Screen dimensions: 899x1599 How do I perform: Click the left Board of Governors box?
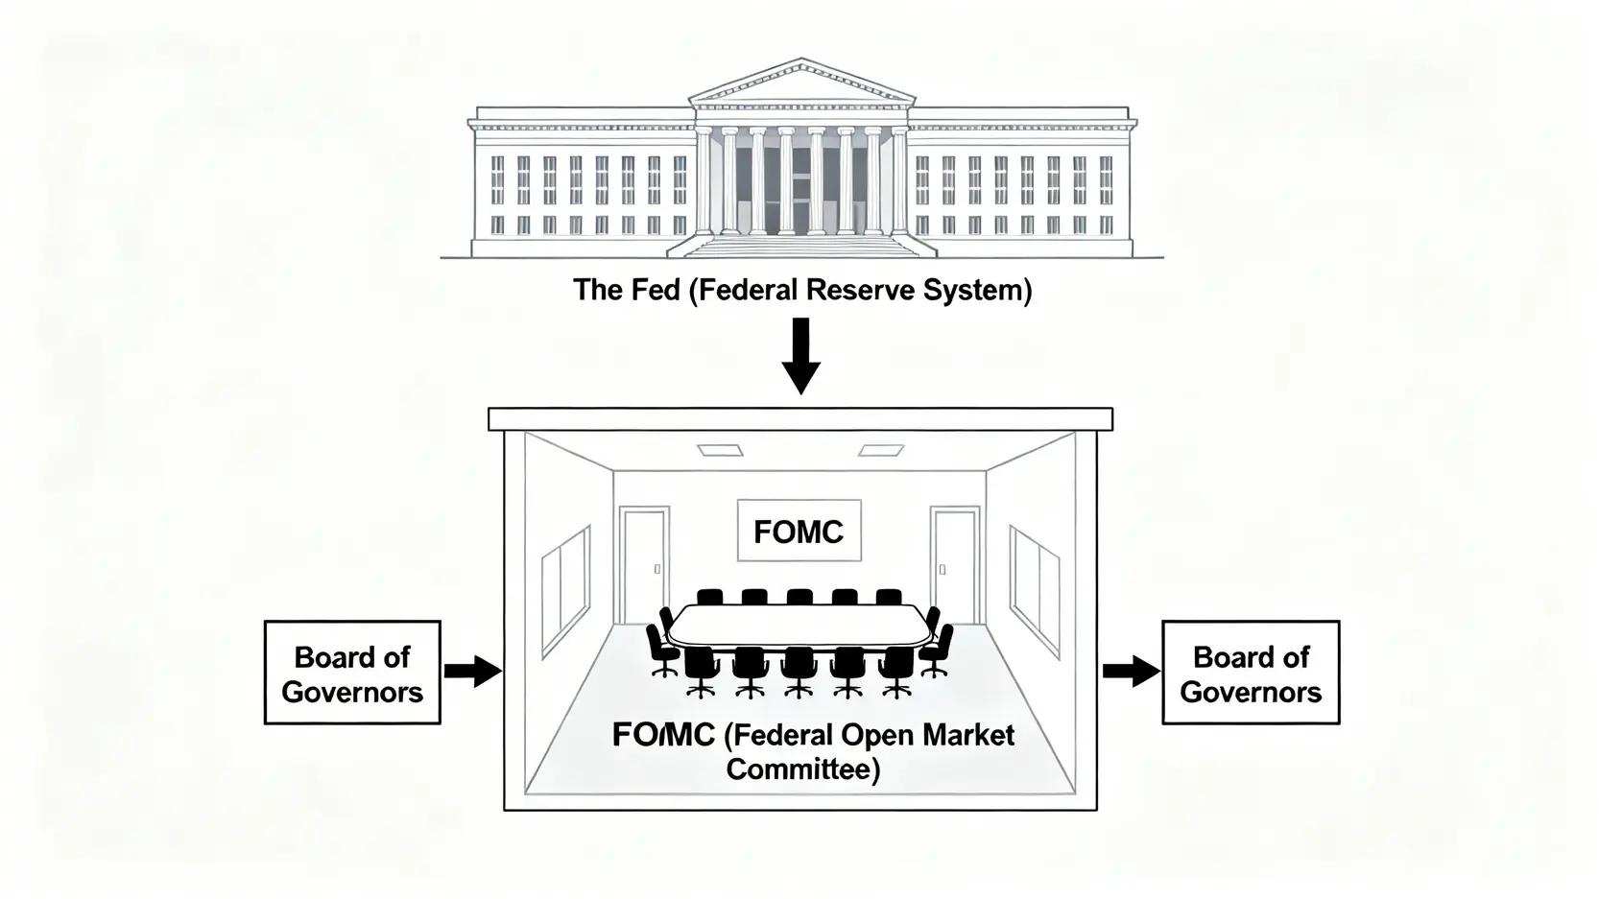tap(352, 673)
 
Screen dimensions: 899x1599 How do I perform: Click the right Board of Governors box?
tap(1250, 673)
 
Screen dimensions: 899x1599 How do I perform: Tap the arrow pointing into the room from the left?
tap(472, 671)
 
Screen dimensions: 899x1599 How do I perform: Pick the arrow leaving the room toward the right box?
tap(1130, 671)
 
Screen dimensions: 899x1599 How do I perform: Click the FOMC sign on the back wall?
tap(798, 532)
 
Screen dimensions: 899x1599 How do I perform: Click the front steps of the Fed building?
tap(800, 246)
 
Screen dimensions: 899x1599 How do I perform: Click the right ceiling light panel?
tap(881, 449)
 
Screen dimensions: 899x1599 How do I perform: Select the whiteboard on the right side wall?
tap(1035, 592)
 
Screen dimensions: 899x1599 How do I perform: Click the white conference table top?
tap(799, 626)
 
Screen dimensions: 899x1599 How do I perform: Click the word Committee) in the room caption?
tap(802, 769)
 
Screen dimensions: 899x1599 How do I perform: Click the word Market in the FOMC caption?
tap(968, 735)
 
